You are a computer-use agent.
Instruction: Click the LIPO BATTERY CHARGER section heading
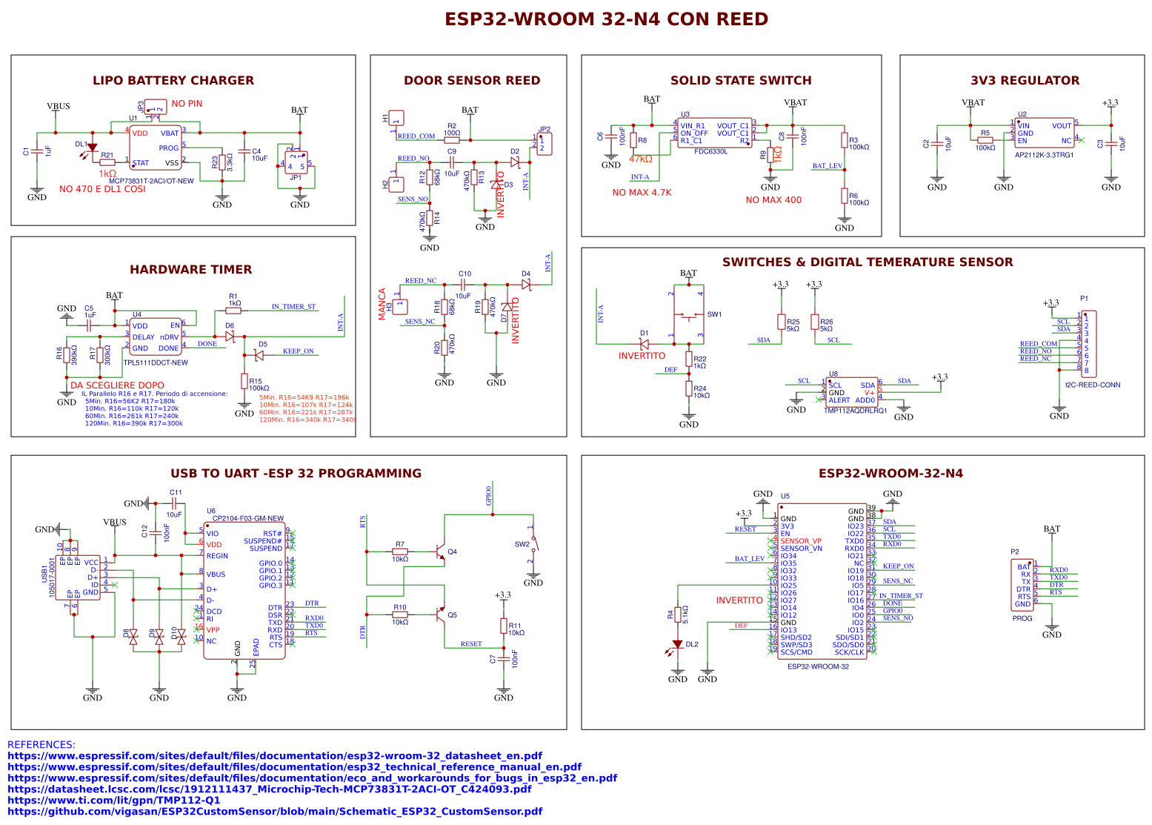click(173, 80)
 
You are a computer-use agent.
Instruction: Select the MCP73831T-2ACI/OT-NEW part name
click(151, 181)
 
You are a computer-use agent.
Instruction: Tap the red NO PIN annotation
click(187, 104)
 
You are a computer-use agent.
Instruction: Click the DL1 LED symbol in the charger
click(92, 148)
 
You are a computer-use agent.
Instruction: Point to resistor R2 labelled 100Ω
click(451, 139)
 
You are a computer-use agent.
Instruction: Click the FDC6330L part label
click(710, 151)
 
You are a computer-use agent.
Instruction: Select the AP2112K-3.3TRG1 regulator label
click(1044, 155)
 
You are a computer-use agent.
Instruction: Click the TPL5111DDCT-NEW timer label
click(156, 362)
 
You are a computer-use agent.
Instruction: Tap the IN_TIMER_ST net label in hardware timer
click(293, 306)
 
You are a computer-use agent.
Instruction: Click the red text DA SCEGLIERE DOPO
click(117, 385)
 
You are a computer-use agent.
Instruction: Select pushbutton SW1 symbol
click(690, 317)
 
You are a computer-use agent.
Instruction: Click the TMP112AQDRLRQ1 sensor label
click(855, 411)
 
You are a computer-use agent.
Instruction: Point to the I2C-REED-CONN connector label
click(1092, 385)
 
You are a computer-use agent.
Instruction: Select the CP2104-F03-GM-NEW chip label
click(247, 519)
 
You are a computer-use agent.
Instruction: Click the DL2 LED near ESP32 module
click(677, 644)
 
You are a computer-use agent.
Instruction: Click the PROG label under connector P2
click(1022, 618)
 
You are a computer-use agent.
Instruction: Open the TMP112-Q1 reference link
click(113, 800)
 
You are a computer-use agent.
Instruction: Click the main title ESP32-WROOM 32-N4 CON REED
click(606, 19)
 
